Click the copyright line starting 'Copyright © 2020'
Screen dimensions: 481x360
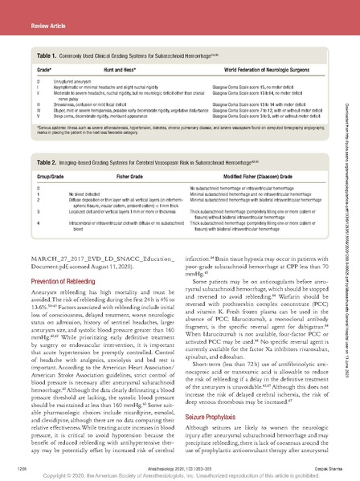click(180, 473)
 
